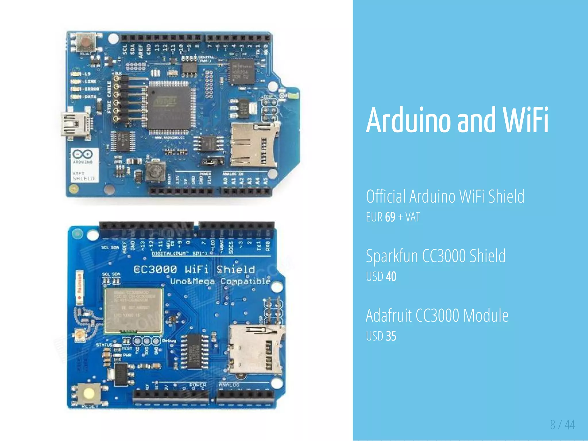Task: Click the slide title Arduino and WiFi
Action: (457, 120)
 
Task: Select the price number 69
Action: (390, 217)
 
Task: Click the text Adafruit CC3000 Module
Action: (437, 315)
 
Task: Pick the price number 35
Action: (391, 336)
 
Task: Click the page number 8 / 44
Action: (562, 425)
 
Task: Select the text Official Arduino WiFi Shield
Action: (445, 196)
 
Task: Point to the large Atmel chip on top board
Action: (169, 107)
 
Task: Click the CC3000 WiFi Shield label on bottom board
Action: (194, 269)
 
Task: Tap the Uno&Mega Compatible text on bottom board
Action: (220, 281)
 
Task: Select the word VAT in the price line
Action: (413, 217)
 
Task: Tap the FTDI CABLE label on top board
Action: (109, 97)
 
